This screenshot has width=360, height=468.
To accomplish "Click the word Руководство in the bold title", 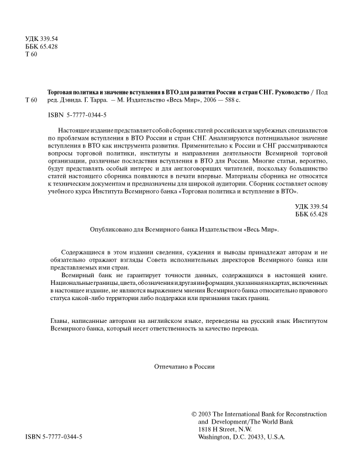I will pos(286,92).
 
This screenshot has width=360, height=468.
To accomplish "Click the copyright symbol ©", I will pos(194,414).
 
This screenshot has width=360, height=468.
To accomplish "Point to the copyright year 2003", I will pos(208,414).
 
